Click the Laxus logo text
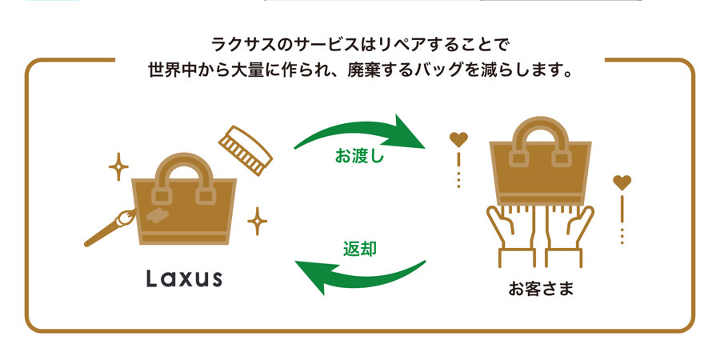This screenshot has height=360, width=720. [184, 278]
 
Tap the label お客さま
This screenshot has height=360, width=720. [541, 288]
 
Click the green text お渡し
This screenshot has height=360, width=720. [359, 156]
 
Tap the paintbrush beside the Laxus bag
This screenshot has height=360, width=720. [110, 227]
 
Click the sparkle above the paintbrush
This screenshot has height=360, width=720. [118, 167]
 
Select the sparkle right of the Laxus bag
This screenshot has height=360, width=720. [257, 220]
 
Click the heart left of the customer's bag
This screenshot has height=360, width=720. [458, 140]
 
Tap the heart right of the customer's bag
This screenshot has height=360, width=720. [622, 183]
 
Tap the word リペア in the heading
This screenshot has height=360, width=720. [402, 42]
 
